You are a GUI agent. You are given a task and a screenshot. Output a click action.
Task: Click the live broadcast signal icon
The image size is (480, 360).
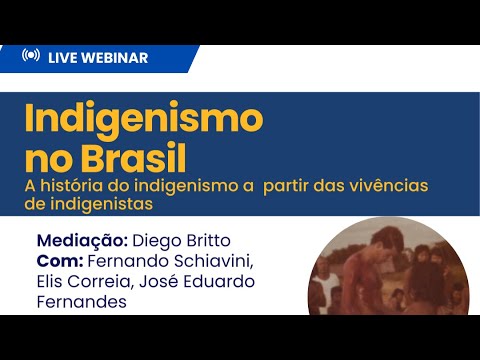[30, 57]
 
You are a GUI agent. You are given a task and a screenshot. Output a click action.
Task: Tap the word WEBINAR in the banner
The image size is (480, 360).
[117, 58]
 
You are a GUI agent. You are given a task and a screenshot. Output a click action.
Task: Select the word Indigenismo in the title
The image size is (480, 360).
[142, 120]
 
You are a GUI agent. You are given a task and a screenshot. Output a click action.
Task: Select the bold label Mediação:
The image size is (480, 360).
[81, 241]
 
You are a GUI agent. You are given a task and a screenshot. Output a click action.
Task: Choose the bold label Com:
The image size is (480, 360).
[61, 262]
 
